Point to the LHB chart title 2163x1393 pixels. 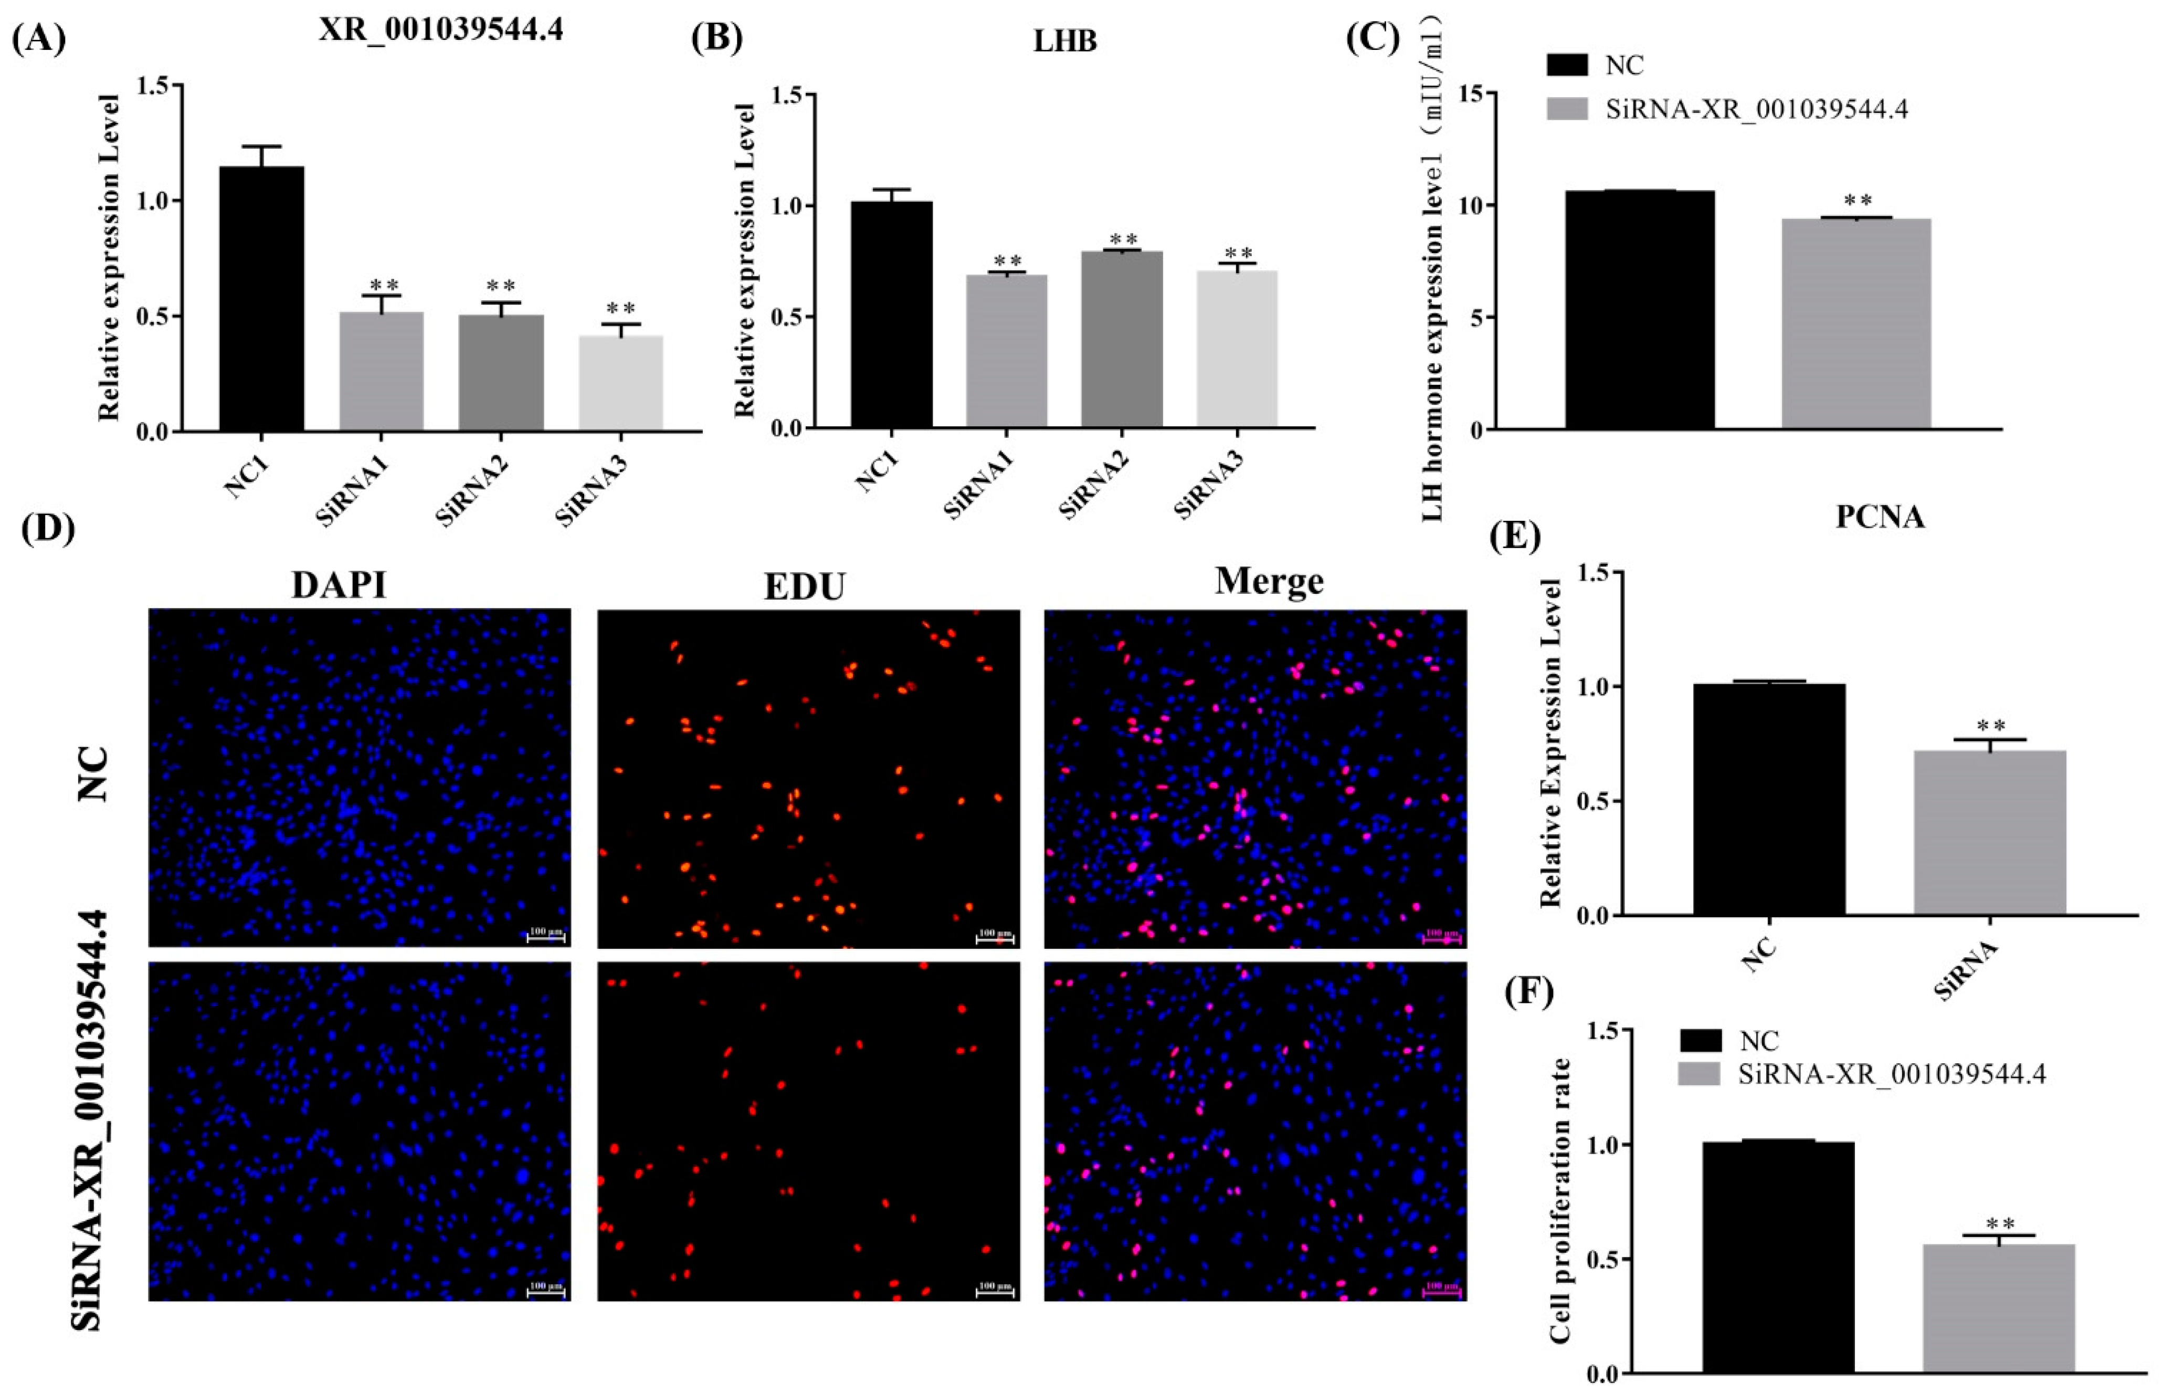click(1065, 41)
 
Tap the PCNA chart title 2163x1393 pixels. click(1879, 517)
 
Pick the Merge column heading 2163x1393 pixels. click(1269, 582)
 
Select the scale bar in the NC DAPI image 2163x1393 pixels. click(546, 938)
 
